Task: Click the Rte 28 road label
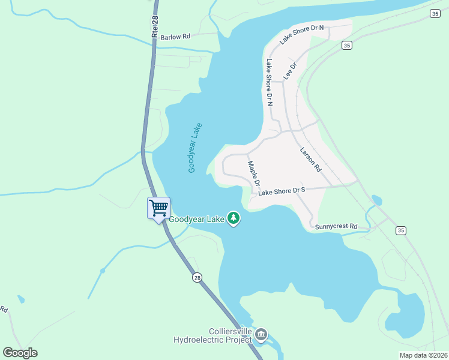155,28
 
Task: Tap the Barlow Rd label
175,37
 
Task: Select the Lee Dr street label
291,71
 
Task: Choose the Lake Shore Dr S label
282,191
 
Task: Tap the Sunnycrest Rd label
336,227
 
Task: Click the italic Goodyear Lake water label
195,148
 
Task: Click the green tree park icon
234,220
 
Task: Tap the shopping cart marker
159,209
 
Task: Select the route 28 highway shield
197,277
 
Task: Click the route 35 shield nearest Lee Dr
346,45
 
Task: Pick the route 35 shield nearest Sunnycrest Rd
401,230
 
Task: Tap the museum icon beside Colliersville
261,335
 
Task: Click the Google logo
20,353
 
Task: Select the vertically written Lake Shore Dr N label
270,82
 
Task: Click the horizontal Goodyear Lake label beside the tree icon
196,219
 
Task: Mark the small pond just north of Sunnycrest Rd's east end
377,200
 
